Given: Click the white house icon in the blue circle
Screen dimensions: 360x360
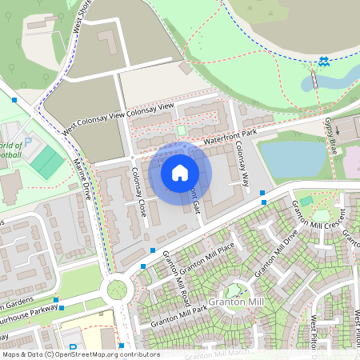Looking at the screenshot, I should click(x=180, y=172).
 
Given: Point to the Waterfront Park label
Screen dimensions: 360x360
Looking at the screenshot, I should click(x=230, y=137).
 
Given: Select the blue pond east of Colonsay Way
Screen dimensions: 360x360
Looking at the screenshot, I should click(x=294, y=158).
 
